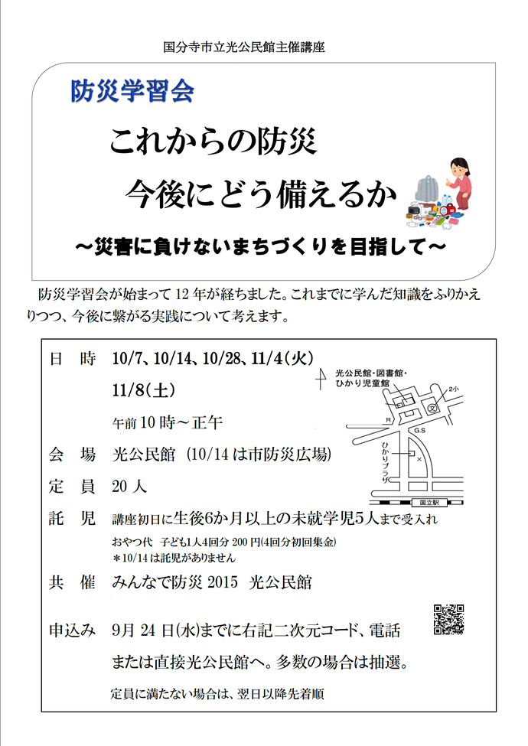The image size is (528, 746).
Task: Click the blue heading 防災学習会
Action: click(x=132, y=91)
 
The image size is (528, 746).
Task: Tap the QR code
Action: click(x=449, y=620)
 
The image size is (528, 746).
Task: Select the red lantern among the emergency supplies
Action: click(x=451, y=207)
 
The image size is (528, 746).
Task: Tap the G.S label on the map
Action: click(x=419, y=432)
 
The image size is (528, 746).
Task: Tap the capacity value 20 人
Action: click(x=129, y=486)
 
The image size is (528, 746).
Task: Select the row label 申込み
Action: click(x=72, y=630)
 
